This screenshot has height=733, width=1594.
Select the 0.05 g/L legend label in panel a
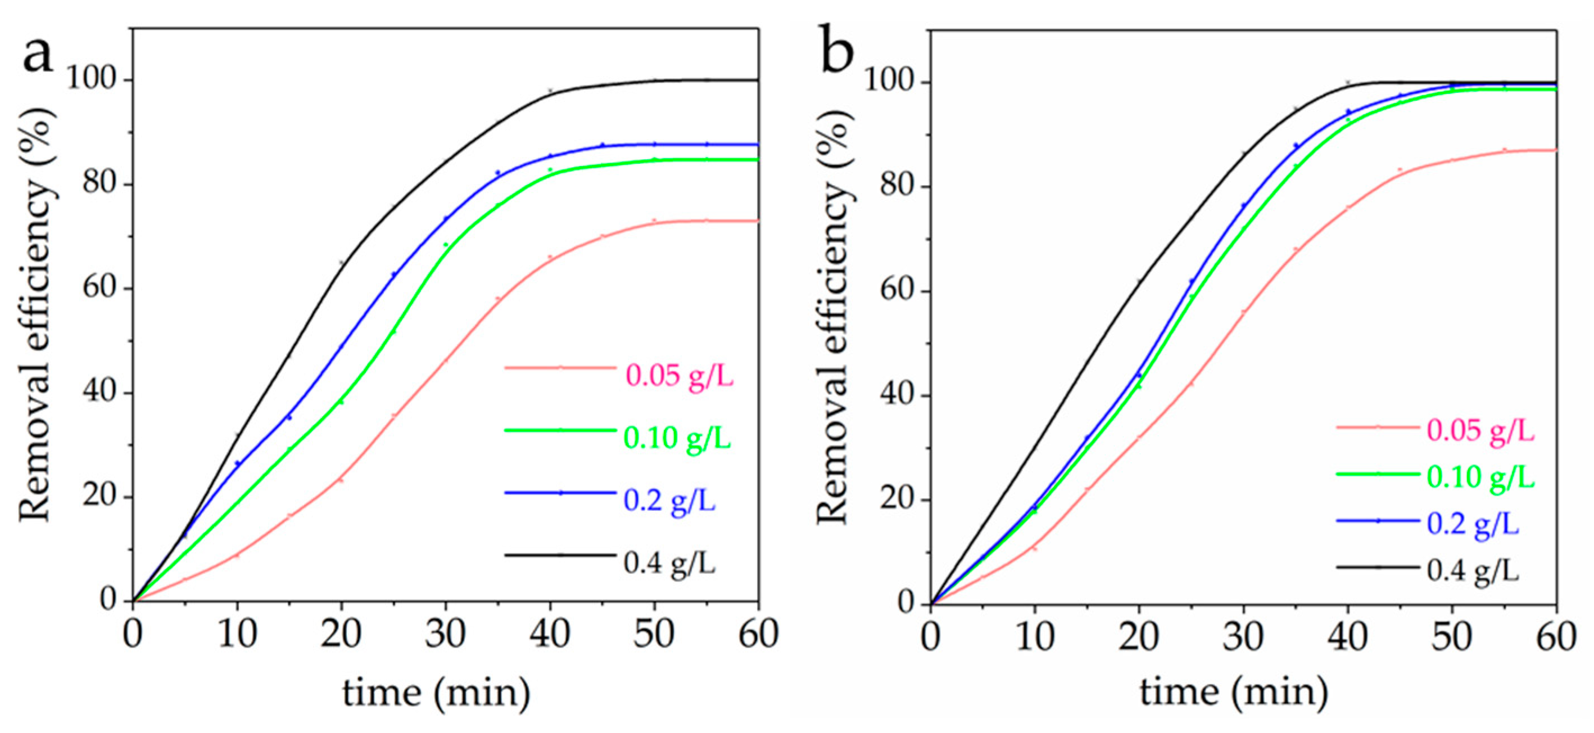(680, 376)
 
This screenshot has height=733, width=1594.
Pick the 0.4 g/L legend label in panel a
(669, 563)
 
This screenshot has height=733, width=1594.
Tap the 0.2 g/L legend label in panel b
(1473, 524)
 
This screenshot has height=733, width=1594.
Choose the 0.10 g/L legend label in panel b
(1480, 477)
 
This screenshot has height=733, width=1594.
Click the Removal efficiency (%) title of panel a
(37, 314)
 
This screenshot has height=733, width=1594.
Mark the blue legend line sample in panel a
(560, 493)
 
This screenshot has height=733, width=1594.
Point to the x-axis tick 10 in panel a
(237, 635)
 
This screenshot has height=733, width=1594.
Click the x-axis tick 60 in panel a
(758, 635)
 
